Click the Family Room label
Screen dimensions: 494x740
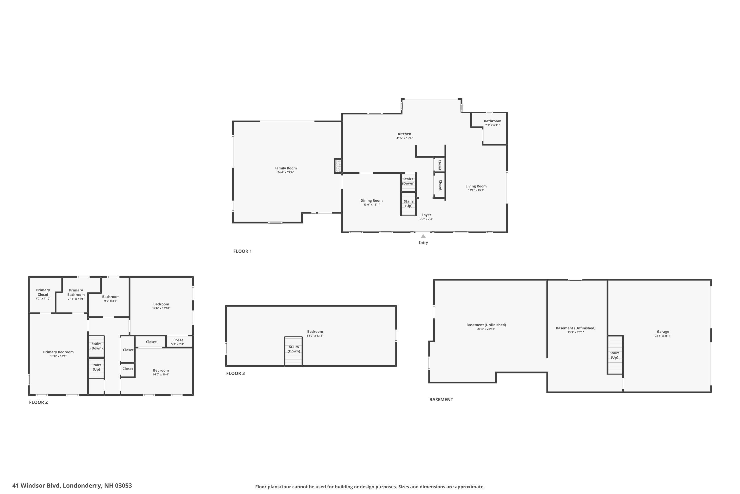[285, 168]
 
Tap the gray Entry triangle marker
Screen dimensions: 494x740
[423, 237]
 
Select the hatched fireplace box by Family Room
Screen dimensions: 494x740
[338, 166]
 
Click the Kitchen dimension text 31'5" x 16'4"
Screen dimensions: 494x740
[404, 138]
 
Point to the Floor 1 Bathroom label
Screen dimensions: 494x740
[492, 121]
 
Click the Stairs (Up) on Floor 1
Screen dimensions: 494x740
[409, 204]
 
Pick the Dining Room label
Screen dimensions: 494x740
[371, 200]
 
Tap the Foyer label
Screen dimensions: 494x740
[426, 215]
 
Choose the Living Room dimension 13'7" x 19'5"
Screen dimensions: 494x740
[476, 190]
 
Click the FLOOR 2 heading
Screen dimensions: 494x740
[38, 402]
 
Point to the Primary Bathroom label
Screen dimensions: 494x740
[76, 292]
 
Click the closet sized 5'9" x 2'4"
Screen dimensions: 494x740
[178, 342]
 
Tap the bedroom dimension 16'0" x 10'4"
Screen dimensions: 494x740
[161, 375]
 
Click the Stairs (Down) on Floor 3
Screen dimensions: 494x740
[294, 349]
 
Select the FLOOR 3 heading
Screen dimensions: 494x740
[235, 373]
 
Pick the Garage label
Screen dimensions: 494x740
[663, 331]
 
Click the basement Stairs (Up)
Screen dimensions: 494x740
[614, 355]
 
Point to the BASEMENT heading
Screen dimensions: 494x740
[441, 399]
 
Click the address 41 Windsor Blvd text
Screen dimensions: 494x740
[72, 486]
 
